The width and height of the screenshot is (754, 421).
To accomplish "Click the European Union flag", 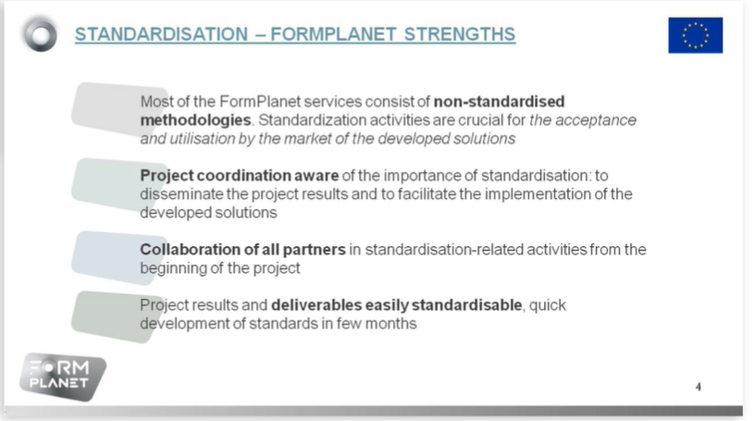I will coord(695,35).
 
